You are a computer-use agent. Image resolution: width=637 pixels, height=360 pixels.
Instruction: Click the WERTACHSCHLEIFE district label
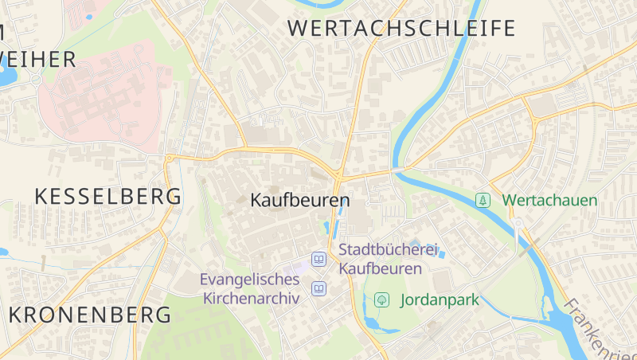click(x=401, y=29)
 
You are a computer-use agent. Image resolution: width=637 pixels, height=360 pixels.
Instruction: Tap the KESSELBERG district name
click(x=108, y=196)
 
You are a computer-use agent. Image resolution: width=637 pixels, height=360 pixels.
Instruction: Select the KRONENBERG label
click(x=90, y=315)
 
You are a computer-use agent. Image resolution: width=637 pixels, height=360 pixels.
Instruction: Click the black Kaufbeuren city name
click(x=300, y=200)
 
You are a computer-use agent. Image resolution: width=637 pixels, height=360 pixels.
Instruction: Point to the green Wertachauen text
click(x=549, y=200)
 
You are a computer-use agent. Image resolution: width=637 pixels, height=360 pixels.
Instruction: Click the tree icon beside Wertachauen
click(x=483, y=200)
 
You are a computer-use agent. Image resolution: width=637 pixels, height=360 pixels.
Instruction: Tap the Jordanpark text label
click(x=440, y=300)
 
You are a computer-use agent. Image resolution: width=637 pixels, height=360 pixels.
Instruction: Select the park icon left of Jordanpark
click(x=382, y=300)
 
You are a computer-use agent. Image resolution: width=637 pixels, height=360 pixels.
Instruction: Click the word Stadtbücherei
click(x=389, y=250)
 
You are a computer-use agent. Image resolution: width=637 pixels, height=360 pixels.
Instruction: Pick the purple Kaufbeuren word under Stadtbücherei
click(x=381, y=268)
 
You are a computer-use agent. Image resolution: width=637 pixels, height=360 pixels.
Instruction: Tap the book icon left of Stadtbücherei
click(x=318, y=259)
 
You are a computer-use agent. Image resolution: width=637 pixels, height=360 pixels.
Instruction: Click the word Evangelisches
click(x=249, y=280)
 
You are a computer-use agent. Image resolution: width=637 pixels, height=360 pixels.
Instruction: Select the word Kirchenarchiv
click(x=251, y=299)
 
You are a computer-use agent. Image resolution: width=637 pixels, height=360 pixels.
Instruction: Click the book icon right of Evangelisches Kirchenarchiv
click(x=318, y=288)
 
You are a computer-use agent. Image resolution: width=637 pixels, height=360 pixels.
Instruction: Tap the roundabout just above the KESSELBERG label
click(x=169, y=158)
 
